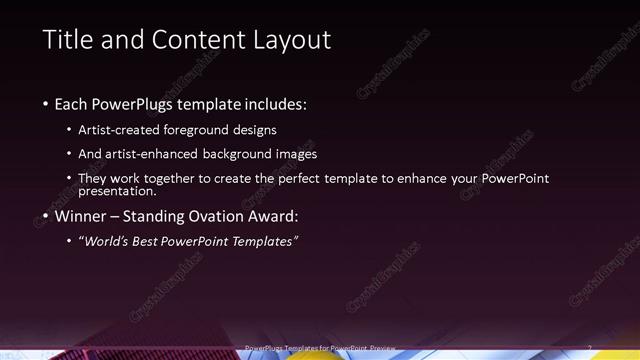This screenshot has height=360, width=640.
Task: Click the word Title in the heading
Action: tap(66, 40)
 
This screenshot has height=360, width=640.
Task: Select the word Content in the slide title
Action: tap(199, 40)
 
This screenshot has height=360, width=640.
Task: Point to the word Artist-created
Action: tap(129, 130)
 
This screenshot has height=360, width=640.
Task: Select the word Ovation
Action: tap(222, 216)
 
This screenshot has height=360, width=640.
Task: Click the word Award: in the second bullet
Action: tap(274, 216)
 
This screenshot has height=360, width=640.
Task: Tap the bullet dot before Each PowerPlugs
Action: tap(46, 104)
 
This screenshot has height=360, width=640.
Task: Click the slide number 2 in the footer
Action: tap(590, 348)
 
